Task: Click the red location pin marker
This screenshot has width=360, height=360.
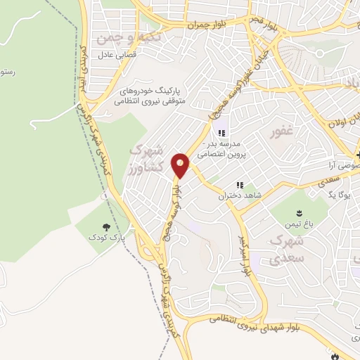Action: click(181, 165)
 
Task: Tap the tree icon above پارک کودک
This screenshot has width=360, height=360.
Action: click(105, 227)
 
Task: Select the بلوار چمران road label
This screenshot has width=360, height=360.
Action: click(207, 25)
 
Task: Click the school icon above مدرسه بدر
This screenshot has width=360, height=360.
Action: click(221, 134)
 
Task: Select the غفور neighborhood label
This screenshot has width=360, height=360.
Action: click(282, 131)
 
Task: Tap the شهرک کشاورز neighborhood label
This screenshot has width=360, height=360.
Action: click(148, 160)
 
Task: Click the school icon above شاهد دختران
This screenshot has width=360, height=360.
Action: click(239, 186)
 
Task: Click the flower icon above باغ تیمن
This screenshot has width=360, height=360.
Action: click(300, 212)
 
